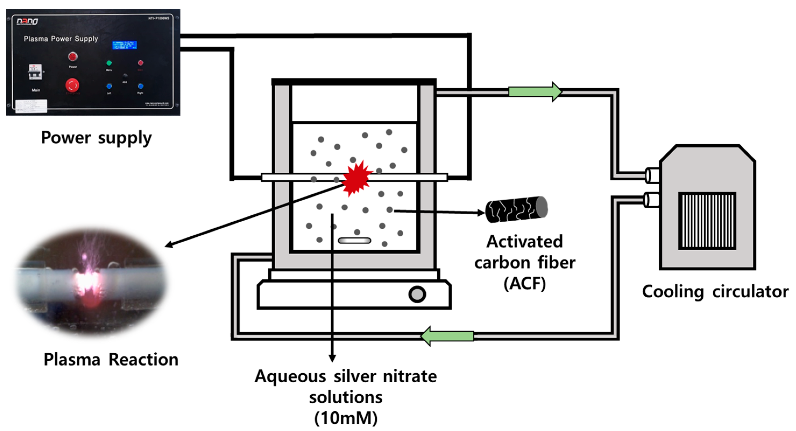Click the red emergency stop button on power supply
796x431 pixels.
(72, 85)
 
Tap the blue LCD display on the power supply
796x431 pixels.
(124, 45)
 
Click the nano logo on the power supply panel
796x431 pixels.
(27, 21)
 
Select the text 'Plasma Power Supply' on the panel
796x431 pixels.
(61, 39)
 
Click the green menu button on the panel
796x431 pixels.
(109, 63)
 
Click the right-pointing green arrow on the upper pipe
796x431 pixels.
(535, 92)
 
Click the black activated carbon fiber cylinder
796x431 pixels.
(516, 209)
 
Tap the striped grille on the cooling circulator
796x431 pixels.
(707, 220)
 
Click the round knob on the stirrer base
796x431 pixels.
(417, 294)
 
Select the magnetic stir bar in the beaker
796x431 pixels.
(354, 240)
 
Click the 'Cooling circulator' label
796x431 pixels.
(715, 292)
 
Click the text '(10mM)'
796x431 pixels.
(346, 418)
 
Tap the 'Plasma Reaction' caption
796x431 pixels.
(111, 360)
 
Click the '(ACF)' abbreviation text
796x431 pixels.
(525, 283)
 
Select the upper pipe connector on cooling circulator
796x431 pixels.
(652, 176)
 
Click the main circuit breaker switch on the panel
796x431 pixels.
(35, 72)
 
